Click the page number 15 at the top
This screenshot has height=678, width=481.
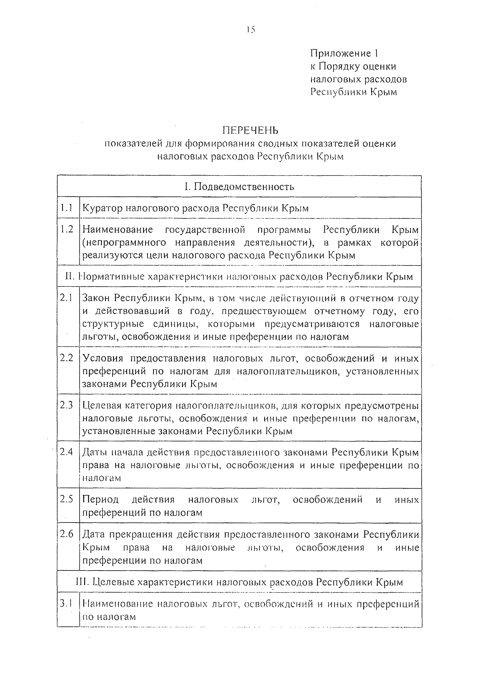pos(251,29)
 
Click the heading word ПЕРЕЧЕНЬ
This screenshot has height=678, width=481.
pos(251,131)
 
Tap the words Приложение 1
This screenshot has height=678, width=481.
pos(344,53)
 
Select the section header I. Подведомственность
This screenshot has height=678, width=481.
pos(239,186)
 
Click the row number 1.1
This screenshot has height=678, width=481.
pos(67,208)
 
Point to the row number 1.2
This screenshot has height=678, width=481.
pos(67,229)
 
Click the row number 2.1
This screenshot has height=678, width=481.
pos(66,298)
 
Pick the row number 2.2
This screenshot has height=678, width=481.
pos(67,358)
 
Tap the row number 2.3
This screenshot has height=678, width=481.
pos(67,405)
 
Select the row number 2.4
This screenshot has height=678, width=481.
pos(67,452)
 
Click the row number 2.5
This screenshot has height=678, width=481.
pos(67,499)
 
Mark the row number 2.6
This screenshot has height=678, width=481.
pos(67,534)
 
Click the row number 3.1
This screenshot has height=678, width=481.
pos(66,603)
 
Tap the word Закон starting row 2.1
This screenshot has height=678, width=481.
pos(96,298)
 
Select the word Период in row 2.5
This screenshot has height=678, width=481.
pos(100,500)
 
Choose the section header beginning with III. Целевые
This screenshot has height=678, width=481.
pos(239,582)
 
